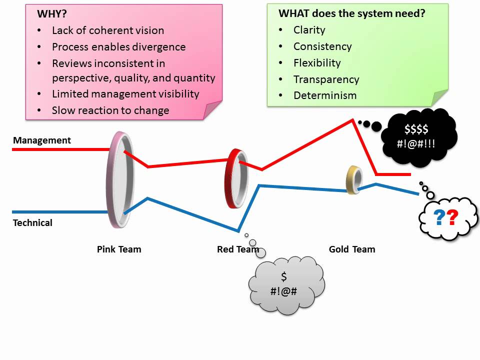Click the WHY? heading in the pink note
(51, 14)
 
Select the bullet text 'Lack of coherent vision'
(108, 30)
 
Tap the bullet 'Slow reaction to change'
(110, 110)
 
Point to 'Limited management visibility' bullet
(125, 93)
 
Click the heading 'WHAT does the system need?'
(351, 13)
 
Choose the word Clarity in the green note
(309, 30)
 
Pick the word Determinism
(325, 95)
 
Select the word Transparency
(326, 79)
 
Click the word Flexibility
(317, 63)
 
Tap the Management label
(42, 140)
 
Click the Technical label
(32, 222)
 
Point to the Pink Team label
(119, 249)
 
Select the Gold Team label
(352, 249)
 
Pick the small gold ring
(349, 180)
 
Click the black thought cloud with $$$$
(419, 137)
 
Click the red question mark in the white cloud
(452, 217)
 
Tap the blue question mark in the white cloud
(439, 217)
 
